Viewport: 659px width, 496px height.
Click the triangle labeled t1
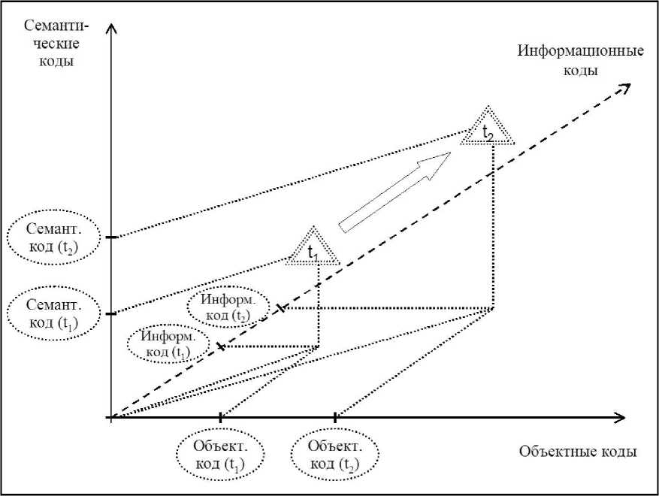(313, 248)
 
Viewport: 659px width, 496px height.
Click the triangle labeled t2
(488, 129)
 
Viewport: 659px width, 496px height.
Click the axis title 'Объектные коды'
(577, 452)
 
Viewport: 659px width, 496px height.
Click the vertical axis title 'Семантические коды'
(57, 43)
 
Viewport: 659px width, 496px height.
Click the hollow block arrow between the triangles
(394, 191)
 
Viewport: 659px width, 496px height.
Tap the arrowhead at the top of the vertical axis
(111, 29)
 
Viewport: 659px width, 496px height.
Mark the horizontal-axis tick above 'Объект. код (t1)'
(220, 417)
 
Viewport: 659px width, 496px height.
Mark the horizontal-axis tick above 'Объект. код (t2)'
(334, 417)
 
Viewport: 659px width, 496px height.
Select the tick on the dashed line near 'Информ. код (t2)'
(280, 308)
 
